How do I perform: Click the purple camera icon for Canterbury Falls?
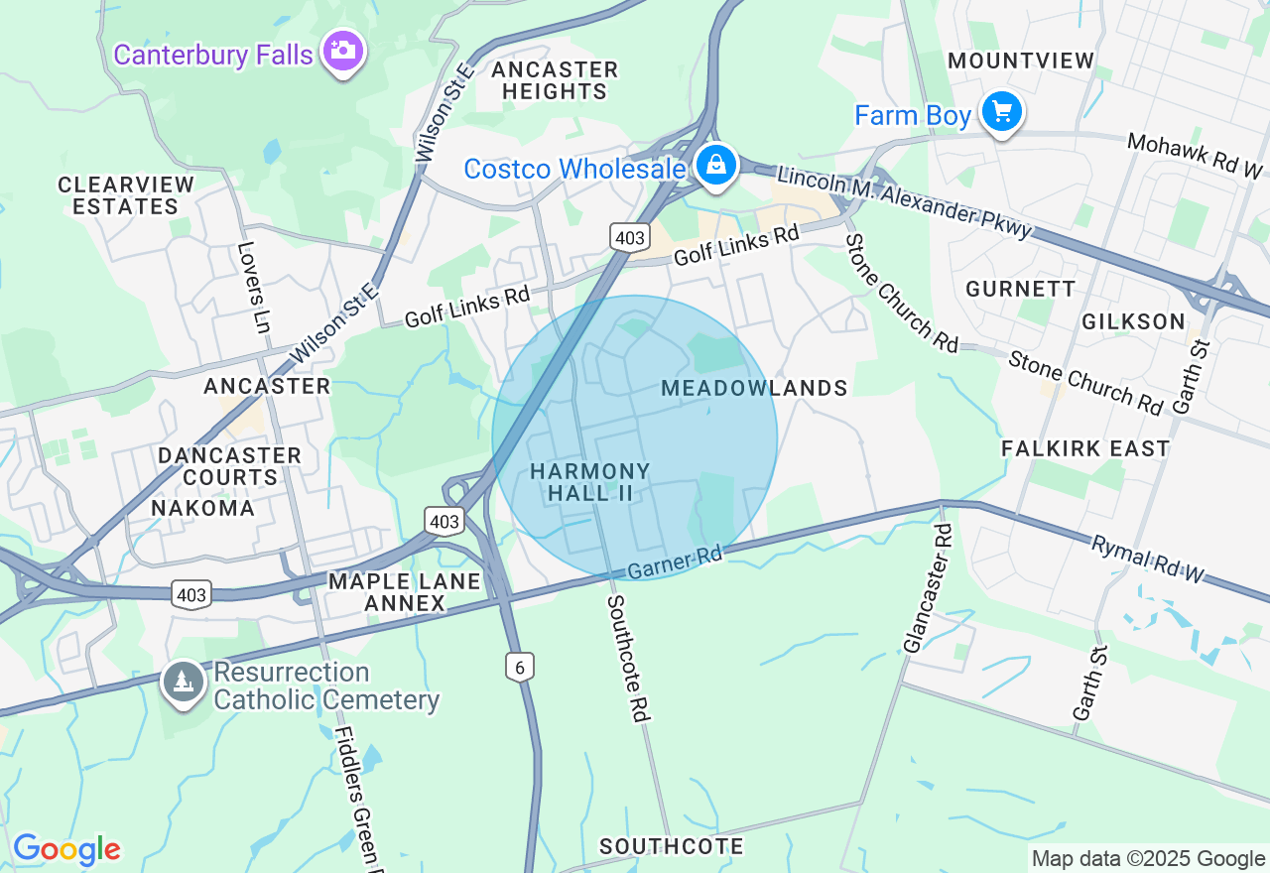(343, 51)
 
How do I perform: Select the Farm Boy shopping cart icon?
(1001, 112)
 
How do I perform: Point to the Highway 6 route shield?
(519, 668)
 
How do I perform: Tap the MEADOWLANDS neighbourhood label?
(754, 388)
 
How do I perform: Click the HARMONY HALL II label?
(590, 482)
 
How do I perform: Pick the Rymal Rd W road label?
(1147, 559)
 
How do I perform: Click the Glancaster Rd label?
(928, 588)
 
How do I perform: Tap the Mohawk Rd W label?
(1196, 156)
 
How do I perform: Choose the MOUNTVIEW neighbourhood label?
(1020, 61)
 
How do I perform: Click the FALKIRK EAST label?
(1085, 448)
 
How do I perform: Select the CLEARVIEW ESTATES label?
(126, 195)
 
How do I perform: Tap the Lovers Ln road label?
(254, 287)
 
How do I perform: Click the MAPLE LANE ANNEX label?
(404, 591)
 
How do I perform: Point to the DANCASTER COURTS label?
(229, 466)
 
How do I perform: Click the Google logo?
(66, 849)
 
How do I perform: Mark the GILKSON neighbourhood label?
(1133, 321)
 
